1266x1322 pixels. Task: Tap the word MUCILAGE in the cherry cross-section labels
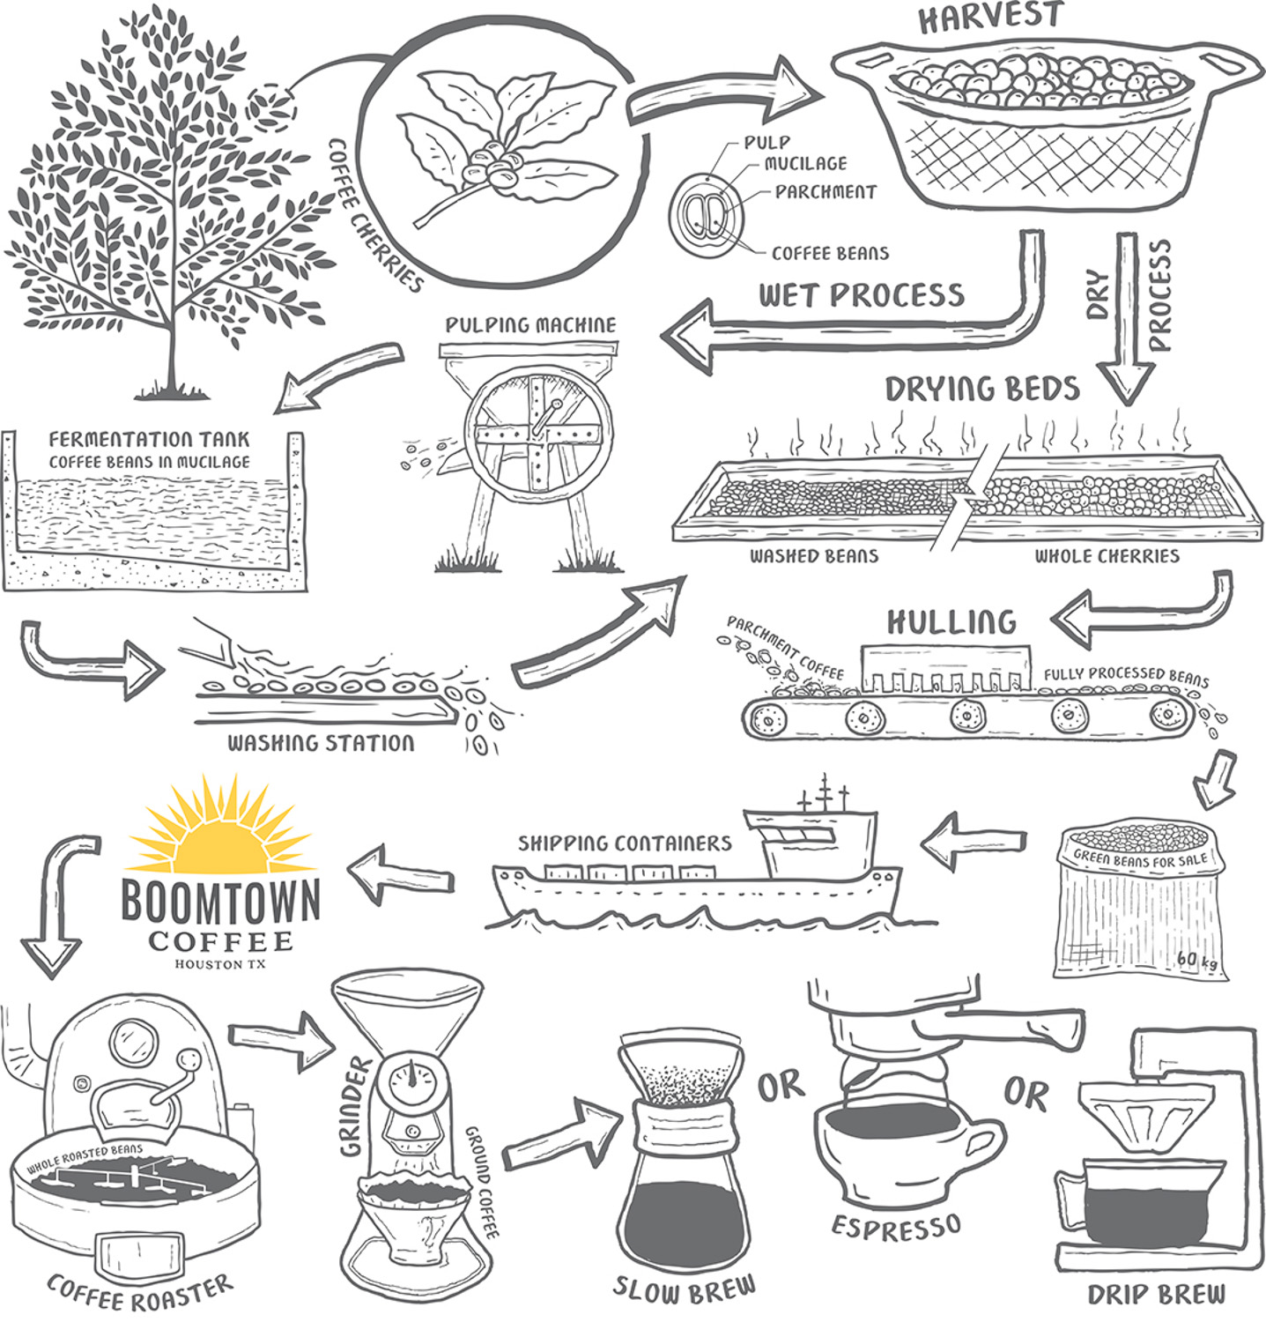[805, 163]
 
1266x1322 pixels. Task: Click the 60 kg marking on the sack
[1197, 960]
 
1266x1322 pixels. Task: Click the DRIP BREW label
[1156, 1294]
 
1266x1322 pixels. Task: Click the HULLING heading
[951, 621]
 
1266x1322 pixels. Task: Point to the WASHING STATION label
[321, 743]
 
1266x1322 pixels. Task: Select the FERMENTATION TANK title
[149, 439]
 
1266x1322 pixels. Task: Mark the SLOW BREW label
[685, 1289]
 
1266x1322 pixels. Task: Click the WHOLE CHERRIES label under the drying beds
[1107, 556]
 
